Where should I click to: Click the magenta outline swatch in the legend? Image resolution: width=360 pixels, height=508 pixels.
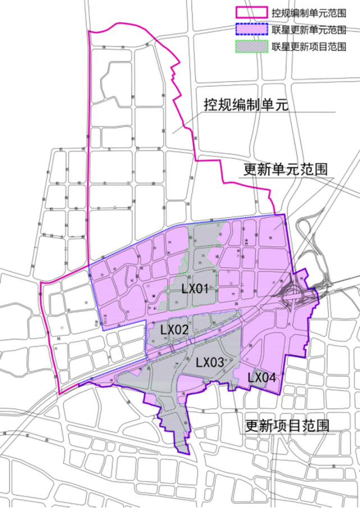tap(250, 12)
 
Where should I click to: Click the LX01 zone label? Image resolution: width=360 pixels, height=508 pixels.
tap(195, 290)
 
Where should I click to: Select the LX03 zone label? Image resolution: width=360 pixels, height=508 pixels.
tap(210, 362)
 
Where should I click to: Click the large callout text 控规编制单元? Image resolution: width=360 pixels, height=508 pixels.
tap(245, 105)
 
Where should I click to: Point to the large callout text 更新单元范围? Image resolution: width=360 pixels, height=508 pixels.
tap(286, 169)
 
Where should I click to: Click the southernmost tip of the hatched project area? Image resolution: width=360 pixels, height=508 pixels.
tap(181, 452)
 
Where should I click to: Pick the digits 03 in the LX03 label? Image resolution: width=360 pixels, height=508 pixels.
tap(217, 362)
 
